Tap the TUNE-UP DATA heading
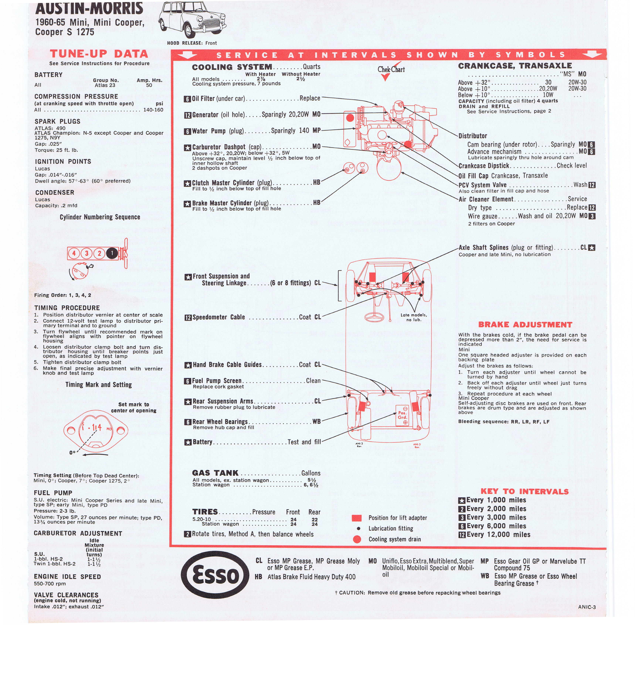(x=99, y=54)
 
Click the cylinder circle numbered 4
(x=74, y=253)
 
